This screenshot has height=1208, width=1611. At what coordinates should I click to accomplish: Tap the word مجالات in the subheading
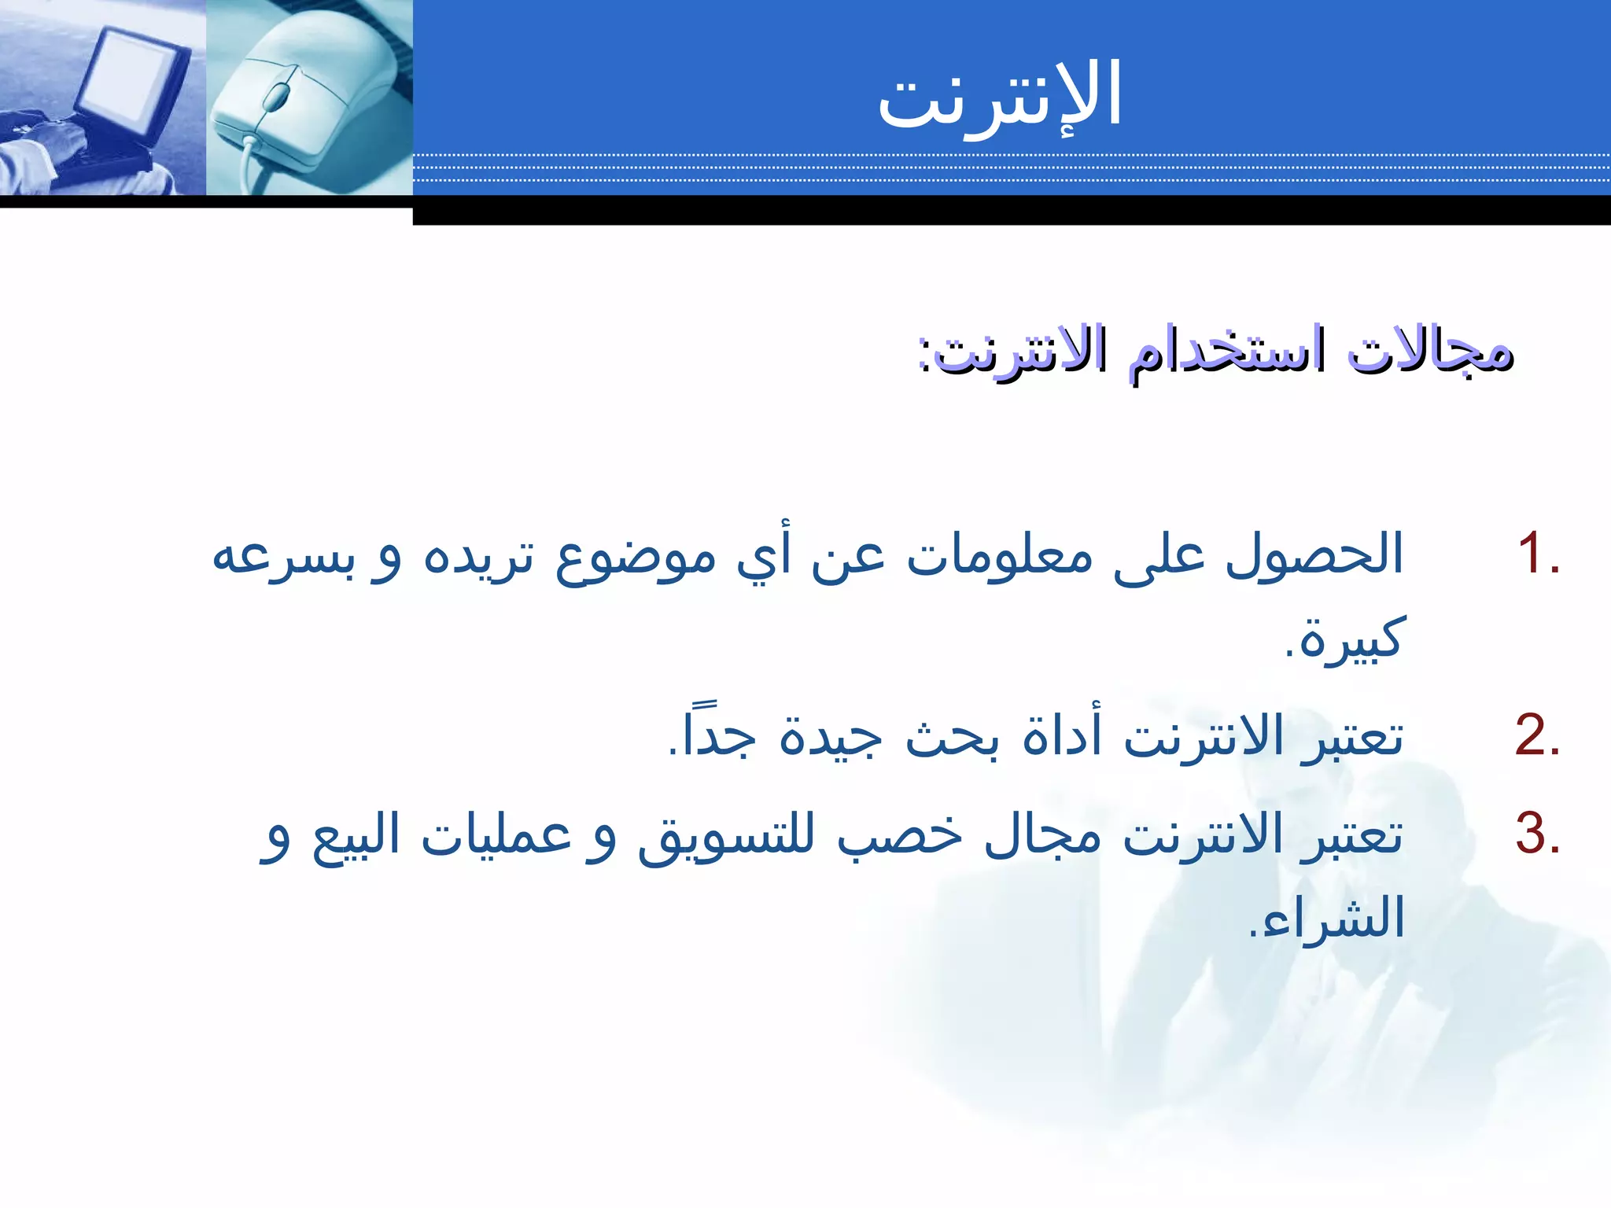1429,352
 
